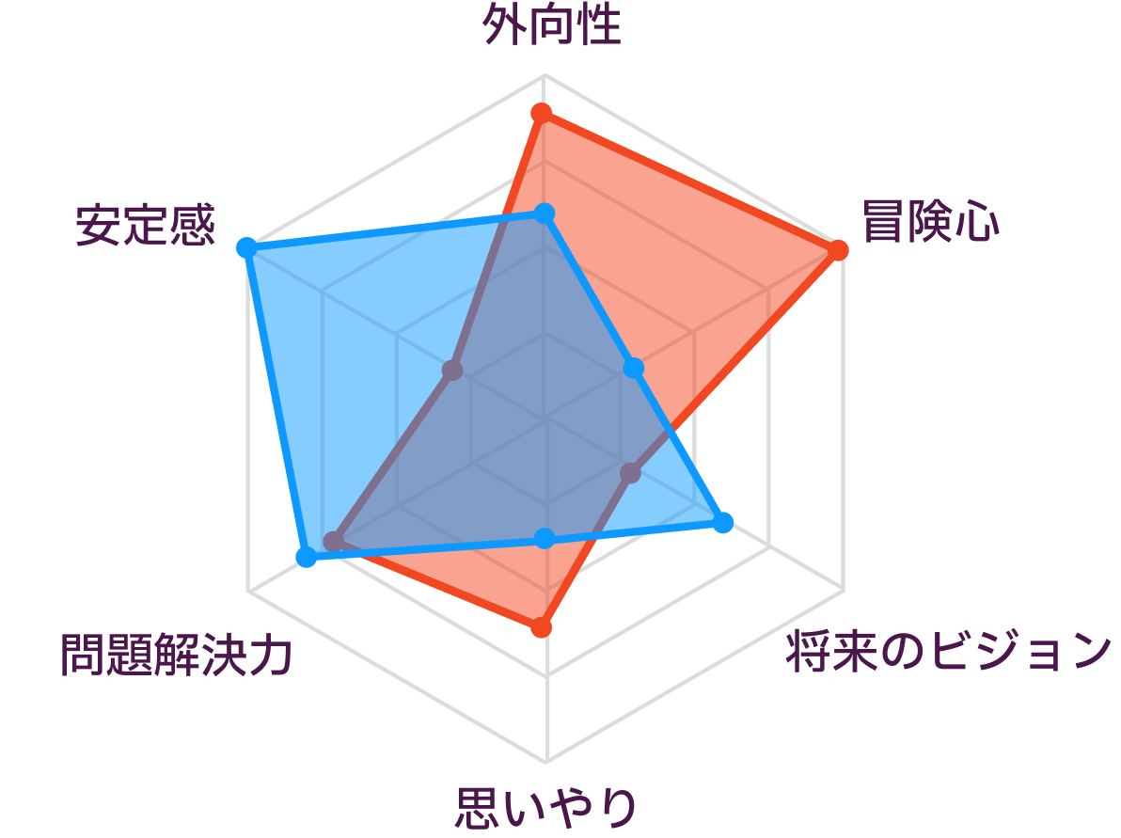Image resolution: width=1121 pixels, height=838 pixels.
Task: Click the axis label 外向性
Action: point(551,25)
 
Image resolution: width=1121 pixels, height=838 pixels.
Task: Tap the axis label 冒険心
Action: point(930,222)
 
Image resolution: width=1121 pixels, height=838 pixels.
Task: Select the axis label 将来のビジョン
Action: point(948,651)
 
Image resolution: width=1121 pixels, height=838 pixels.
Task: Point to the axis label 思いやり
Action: point(545,808)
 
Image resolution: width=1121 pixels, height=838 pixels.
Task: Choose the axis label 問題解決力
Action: point(177,654)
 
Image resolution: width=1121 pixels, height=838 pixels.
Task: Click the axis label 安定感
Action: point(145,225)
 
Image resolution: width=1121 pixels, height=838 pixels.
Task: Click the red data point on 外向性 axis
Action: point(541,114)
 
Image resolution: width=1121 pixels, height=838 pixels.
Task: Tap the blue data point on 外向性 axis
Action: point(545,213)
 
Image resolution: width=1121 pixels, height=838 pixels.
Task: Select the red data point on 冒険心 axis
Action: point(837,250)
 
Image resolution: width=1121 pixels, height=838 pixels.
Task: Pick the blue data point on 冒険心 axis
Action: point(634,369)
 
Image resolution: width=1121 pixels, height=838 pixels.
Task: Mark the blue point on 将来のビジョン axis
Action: point(723,523)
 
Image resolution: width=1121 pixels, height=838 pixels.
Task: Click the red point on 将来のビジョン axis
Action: point(630,473)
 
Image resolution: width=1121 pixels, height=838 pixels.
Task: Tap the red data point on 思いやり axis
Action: point(541,627)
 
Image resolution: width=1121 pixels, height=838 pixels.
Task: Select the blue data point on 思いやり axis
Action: point(545,538)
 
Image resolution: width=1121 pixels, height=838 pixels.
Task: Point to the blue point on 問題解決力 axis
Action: point(306,556)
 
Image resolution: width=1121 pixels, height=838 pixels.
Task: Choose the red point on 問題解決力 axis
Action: point(332,542)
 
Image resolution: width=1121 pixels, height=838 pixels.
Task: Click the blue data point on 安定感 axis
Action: point(246,248)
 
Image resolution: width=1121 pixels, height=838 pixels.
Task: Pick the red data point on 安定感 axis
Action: point(451,371)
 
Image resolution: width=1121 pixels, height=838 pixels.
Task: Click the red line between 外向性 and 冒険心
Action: point(689,182)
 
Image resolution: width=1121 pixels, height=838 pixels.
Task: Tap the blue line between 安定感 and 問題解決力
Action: point(276,403)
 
